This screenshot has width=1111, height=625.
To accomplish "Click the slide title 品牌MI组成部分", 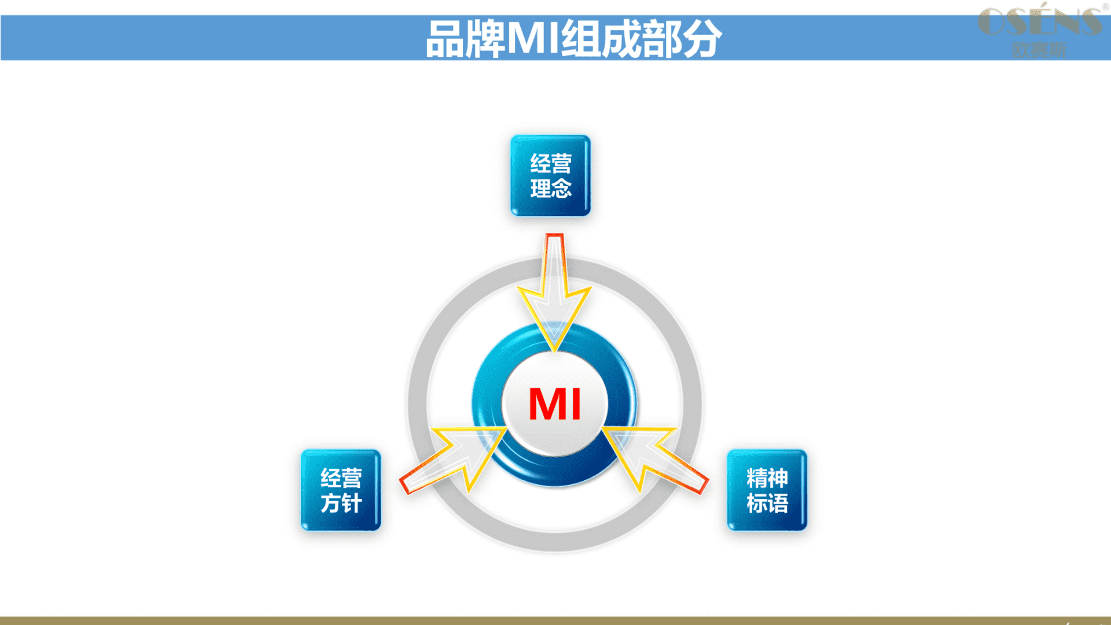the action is tap(573, 39).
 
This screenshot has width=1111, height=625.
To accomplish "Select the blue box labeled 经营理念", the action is tap(550, 175).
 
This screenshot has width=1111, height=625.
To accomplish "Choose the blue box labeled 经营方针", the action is tap(341, 490).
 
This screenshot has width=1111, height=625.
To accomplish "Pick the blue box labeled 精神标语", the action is tap(767, 490).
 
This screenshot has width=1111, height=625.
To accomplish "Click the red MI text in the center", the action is tap(554, 403).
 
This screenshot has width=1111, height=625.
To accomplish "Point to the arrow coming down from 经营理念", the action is tap(554, 292).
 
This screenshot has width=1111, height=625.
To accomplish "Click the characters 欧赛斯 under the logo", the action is tap(1039, 50).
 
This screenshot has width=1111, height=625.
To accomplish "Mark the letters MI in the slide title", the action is tap(534, 39).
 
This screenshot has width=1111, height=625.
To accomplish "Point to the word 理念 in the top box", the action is tap(551, 189).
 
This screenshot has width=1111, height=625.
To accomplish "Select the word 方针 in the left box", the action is tap(341, 503).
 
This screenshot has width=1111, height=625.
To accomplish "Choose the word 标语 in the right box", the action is tap(767, 503).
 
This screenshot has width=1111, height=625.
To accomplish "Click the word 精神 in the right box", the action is tap(767, 478).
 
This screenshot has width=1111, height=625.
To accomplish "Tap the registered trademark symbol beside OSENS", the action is tap(1105, 7).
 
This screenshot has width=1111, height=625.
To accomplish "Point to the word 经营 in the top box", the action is tap(551, 163).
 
